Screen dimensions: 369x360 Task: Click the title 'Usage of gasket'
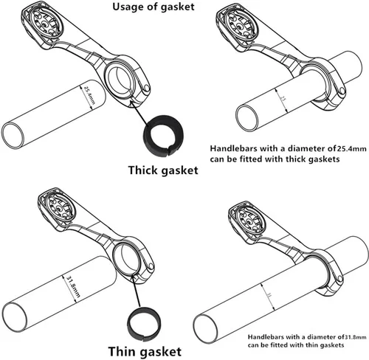(154, 7)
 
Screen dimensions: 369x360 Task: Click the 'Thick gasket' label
(163, 170)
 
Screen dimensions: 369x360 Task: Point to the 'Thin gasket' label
(145, 351)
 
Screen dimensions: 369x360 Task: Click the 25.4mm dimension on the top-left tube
(89, 94)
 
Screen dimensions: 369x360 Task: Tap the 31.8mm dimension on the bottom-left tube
(73, 286)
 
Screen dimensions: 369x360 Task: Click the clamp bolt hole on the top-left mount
(147, 88)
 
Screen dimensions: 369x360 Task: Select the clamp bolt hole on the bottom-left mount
(151, 266)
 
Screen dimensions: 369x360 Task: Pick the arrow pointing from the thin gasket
(137, 291)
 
